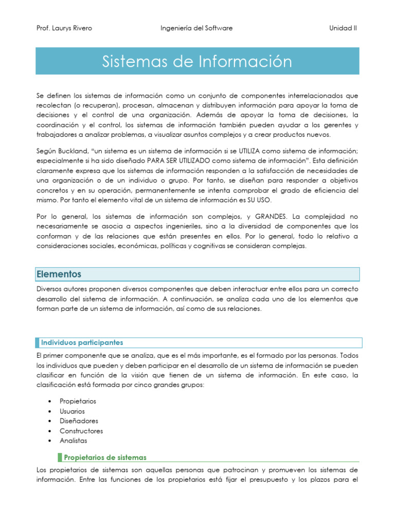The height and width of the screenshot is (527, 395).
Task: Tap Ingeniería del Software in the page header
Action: [x=197, y=28]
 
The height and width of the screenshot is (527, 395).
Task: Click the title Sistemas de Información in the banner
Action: [x=197, y=62]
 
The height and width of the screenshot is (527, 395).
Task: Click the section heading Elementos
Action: [x=59, y=274]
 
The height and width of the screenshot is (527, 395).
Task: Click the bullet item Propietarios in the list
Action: [x=78, y=401]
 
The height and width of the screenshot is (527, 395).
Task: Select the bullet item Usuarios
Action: [x=73, y=411]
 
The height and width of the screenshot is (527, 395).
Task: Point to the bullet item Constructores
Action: [x=81, y=431]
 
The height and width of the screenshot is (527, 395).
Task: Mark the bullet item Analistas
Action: [x=74, y=441]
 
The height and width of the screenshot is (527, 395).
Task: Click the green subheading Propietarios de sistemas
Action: [x=105, y=457]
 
